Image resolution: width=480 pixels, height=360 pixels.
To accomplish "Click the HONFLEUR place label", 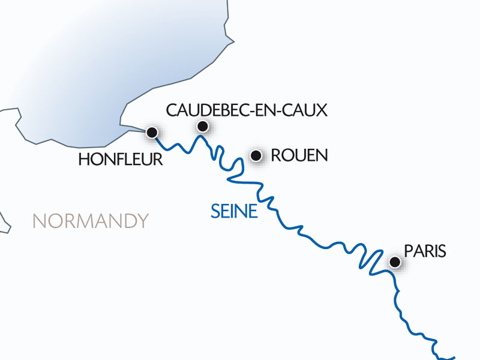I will [x=121, y=159].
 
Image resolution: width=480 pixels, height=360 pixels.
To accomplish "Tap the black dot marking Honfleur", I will [x=152, y=133].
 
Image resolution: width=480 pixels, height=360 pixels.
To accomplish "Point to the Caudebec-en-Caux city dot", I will [x=203, y=126].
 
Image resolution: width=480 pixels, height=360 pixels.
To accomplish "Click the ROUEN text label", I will [x=299, y=155].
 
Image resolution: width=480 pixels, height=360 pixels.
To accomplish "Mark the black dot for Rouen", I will [x=256, y=155].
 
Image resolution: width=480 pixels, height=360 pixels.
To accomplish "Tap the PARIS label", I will [x=425, y=251].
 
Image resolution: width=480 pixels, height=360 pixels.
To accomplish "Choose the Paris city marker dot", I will [x=395, y=262].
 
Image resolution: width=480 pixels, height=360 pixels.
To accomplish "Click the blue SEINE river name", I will [x=234, y=211].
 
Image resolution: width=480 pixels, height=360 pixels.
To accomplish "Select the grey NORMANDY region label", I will [x=90, y=221].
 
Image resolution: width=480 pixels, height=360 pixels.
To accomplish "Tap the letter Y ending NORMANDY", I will [x=142, y=221].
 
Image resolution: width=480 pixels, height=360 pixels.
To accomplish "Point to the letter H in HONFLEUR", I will [x=83, y=159].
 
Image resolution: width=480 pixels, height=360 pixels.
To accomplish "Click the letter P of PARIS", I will [x=409, y=251].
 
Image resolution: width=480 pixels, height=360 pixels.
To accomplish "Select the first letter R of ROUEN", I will [x=276, y=155].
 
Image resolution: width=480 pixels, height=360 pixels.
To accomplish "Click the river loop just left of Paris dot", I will [x=370, y=259].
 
